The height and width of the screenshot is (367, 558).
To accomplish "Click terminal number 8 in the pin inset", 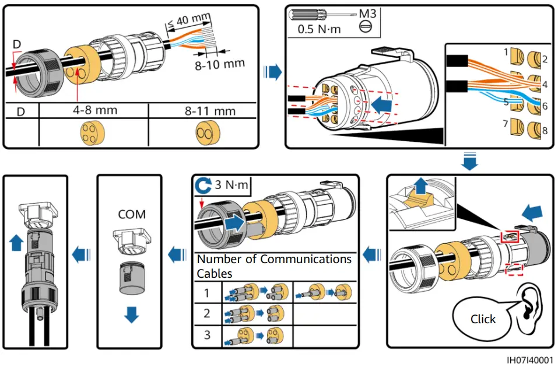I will point(545,131).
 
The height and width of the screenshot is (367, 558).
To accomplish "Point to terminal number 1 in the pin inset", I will point(506,52).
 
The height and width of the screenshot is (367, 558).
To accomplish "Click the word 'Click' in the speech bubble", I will point(483,319).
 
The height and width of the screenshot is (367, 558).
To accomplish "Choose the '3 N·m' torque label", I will point(231,186).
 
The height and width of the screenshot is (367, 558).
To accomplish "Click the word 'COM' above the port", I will point(132,214).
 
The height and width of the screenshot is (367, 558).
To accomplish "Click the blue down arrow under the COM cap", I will point(132,315).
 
